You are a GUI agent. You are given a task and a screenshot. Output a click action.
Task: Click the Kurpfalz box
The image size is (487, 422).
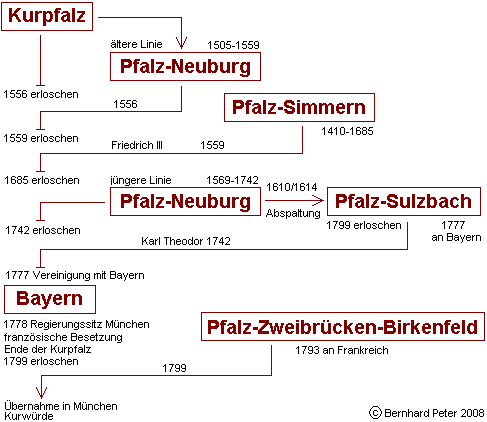(x=47, y=16)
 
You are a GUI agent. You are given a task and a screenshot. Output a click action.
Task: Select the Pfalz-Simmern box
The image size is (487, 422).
(x=299, y=107)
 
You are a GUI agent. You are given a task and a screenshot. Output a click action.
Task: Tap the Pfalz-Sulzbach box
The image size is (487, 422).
(x=404, y=201)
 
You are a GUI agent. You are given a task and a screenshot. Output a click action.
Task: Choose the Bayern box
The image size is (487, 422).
(x=50, y=299)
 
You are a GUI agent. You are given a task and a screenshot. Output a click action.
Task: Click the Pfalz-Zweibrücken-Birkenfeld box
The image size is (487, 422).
(x=343, y=327)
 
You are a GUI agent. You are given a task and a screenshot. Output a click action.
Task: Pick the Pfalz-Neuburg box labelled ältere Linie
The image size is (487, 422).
(x=185, y=66)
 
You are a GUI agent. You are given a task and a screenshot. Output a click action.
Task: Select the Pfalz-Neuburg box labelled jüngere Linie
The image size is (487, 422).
(x=185, y=201)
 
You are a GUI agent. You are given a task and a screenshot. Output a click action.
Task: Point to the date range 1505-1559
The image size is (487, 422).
(x=233, y=45)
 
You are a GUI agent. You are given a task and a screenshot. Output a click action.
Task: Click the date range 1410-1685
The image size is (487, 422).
(x=347, y=131)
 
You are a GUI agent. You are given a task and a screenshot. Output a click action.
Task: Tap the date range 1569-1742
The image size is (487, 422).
(x=232, y=180)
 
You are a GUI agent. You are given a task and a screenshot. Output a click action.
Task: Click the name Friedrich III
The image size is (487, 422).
(x=137, y=145)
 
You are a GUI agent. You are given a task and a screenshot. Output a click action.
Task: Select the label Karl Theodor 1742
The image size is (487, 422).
(x=186, y=241)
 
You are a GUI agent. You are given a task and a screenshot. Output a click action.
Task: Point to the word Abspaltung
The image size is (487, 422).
(x=293, y=213)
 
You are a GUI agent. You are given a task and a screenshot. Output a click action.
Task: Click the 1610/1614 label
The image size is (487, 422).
(x=292, y=187)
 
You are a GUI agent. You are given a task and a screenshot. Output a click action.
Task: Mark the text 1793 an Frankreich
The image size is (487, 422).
(x=342, y=350)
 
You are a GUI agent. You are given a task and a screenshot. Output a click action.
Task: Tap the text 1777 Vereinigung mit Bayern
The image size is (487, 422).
(x=75, y=275)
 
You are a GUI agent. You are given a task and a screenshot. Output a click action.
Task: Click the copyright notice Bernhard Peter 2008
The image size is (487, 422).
(x=427, y=413)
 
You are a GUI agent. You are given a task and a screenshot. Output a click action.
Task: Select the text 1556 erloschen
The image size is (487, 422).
(x=41, y=94)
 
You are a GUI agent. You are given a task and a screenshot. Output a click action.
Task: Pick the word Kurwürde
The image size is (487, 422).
(x=29, y=416)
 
